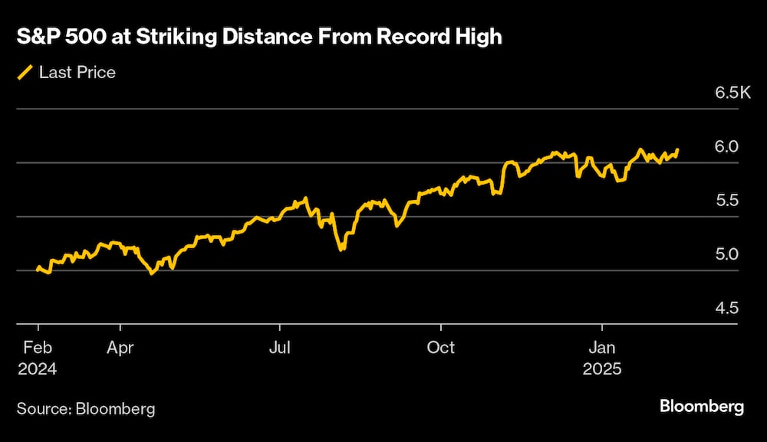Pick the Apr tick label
point(120,347)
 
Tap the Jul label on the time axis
point(280,347)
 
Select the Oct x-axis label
point(441,347)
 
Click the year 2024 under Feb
point(37,368)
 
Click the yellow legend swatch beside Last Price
point(25,73)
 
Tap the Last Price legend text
point(77,73)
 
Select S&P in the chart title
point(37,36)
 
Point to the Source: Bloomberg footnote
point(86,408)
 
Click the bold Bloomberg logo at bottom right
point(702,406)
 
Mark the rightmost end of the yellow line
point(677,149)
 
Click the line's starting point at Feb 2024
point(38,268)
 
